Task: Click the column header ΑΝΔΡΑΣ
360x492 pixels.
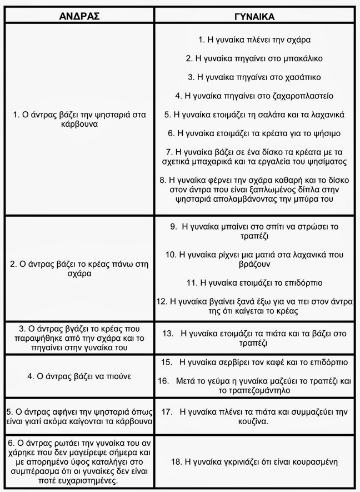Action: point(79,16)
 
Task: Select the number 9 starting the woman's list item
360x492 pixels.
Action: point(173,226)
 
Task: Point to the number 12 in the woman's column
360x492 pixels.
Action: point(162,302)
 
